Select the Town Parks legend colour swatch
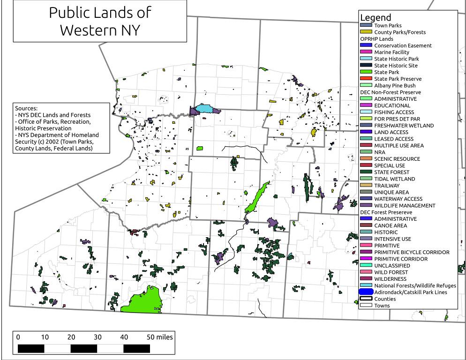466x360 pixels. pyautogui.click(x=366, y=25)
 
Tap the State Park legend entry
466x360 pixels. pyautogui.click(x=386, y=72)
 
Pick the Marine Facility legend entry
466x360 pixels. pyautogui.click(x=391, y=52)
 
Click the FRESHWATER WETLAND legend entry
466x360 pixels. pyautogui.click(x=404, y=126)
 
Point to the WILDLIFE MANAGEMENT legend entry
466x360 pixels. pyautogui.click(x=405, y=205)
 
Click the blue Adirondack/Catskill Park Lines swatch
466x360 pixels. pyautogui.click(x=366, y=292)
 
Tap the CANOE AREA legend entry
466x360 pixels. pyautogui.click(x=391, y=225)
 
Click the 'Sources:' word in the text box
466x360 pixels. pyautogui.click(x=26, y=108)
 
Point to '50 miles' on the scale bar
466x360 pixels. pyautogui.click(x=160, y=337)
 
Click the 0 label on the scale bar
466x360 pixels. pyautogui.click(x=18, y=337)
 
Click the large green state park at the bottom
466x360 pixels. pyautogui.click(x=141, y=300)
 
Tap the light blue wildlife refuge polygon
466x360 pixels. pyautogui.click(x=207, y=109)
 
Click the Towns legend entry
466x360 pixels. pyautogui.click(x=382, y=306)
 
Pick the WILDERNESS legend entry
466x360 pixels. pyautogui.click(x=390, y=279)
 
